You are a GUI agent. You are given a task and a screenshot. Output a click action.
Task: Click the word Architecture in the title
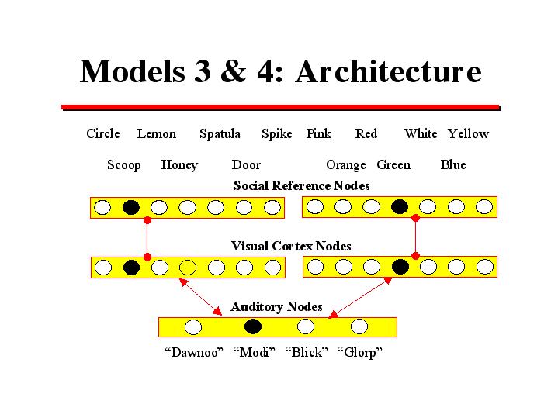click(x=387, y=71)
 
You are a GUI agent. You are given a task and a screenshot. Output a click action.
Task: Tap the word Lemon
click(x=157, y=134)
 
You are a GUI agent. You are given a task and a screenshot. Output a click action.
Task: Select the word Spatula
click(x=220, y=134)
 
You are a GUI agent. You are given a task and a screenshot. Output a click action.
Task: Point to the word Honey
click(x=179, y=165)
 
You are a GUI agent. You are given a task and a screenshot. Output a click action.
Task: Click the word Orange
click(x=345, y=165)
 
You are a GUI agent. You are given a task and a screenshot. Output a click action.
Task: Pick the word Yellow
click(x=468, y=134)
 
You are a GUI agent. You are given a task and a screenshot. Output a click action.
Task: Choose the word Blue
click(x=453, y=165)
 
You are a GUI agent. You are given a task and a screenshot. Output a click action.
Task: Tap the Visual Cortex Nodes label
click(x=291, y=246)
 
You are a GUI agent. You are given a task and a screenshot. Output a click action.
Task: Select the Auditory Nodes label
click(x=276, y=307)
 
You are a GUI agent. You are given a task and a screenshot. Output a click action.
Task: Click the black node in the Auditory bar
click(x=252, y=326)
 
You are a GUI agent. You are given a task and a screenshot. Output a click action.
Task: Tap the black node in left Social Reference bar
click(x=131, y=207)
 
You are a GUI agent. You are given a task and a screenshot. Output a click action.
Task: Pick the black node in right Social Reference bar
click(x=400, y=206)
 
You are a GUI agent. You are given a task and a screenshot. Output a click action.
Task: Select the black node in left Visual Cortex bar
click(x=131, y=268)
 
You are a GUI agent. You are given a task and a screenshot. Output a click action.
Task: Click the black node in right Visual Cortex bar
click(x=400, y=267)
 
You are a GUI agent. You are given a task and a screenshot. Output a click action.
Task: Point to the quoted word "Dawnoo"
click(x=193, y=353)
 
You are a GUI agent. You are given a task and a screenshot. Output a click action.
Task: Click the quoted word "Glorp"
click(x=360, y=353)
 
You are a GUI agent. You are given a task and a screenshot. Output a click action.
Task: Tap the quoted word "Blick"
click(x=307, y=353)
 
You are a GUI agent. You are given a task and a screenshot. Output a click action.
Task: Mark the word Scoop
click(x=124, y=165)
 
